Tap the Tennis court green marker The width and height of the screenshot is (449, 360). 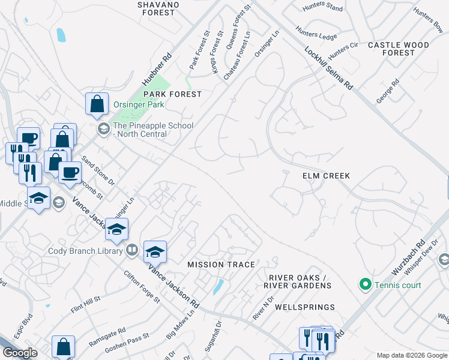pos(364,284)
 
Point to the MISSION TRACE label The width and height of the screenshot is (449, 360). pos(221,265)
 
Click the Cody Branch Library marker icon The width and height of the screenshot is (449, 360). pos(132,250)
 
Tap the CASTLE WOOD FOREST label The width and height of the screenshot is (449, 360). pos(399,49)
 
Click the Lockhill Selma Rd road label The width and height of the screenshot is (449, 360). pos(328,68)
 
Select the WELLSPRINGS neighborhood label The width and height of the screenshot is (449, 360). pos(304,307)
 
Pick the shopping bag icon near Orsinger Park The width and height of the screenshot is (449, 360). pos(97,104)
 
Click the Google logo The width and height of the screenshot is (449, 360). pos(20,353)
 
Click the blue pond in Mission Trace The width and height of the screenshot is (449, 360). pos(218,286)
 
